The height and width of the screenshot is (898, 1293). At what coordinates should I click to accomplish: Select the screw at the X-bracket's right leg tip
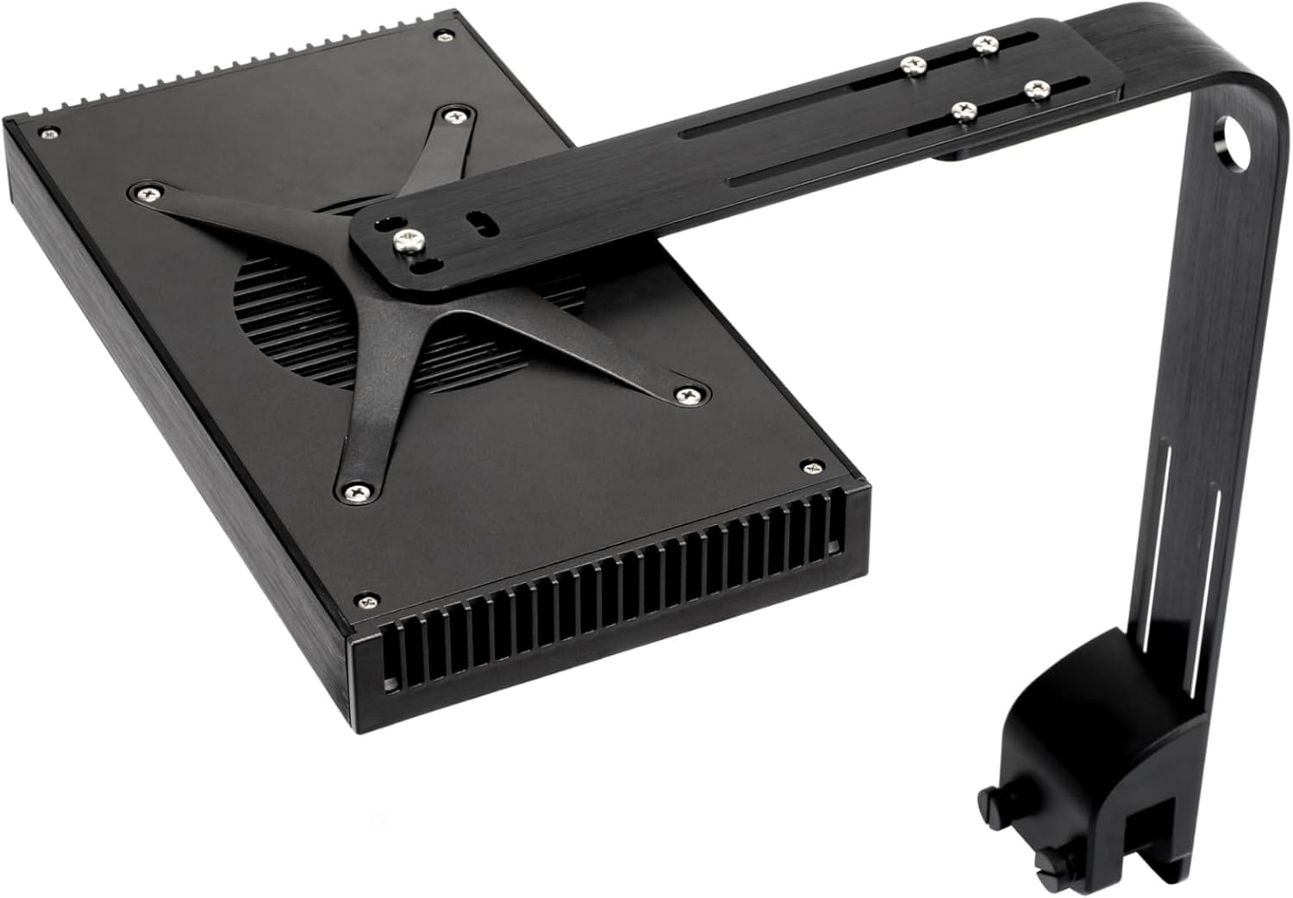(687, 395)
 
